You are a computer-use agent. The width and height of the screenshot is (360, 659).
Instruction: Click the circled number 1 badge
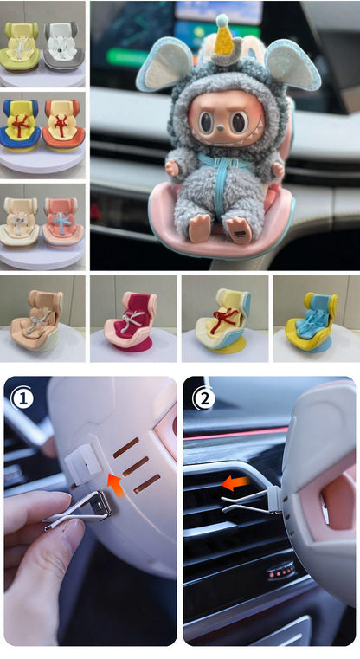pos(22,399)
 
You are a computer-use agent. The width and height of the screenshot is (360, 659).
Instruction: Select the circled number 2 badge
pos(204,399)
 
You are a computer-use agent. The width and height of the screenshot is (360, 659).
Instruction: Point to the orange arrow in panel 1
pos(114,482)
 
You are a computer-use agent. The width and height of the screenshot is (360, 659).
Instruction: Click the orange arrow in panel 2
pos(235,483)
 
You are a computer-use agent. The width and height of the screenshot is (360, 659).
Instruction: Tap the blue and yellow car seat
pos(20,126)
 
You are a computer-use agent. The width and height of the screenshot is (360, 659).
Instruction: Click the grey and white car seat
pos(63,46)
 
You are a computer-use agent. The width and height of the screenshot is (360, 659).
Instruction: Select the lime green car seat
pos(20,46)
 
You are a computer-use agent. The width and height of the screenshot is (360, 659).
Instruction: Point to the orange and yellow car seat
pos(63,126)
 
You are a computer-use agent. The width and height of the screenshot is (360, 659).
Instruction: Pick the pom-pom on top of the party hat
pos(222,19)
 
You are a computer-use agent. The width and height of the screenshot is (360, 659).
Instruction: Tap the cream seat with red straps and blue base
pos(223,321)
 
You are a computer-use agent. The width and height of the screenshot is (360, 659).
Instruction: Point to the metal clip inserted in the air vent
pos(251,501)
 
